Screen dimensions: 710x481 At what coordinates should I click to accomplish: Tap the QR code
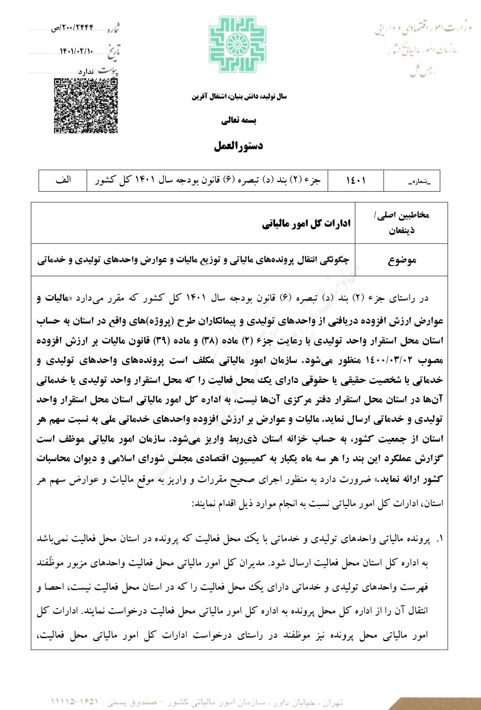tap(86, 106)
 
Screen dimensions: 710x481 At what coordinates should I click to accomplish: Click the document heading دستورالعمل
tap(239, 146)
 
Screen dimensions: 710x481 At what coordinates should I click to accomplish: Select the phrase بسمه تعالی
tap(239, 121)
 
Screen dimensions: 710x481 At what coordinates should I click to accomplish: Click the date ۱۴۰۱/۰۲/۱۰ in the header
tap(76, 51)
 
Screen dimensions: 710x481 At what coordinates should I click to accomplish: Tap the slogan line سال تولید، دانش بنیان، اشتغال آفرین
tap(239, 96)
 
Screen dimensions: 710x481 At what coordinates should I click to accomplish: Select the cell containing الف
tap(63, 180)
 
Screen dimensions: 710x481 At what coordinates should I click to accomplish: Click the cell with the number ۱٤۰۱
tap(356, 180)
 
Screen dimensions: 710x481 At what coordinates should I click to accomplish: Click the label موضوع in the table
tap(402, 260)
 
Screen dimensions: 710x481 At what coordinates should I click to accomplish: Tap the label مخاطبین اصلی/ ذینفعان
tap(402, 222)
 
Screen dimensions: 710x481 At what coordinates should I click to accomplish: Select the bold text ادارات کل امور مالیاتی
tap(307, 224)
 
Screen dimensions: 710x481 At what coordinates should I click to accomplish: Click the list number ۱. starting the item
tap(439, 540)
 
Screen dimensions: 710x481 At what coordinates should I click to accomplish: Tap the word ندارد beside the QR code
tap(86, 71)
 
